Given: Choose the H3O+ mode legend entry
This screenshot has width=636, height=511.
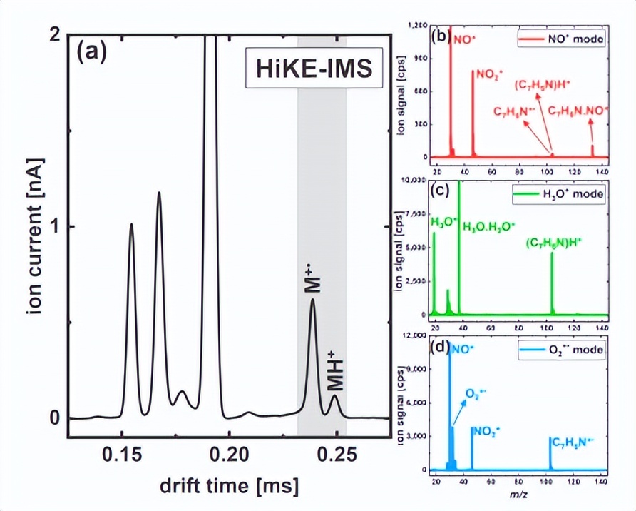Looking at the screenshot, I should (x=558, y=193).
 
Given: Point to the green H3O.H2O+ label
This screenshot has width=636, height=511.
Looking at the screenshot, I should (x=488, y=227).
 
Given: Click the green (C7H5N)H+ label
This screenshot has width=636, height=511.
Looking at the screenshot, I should (x=554, y=243).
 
